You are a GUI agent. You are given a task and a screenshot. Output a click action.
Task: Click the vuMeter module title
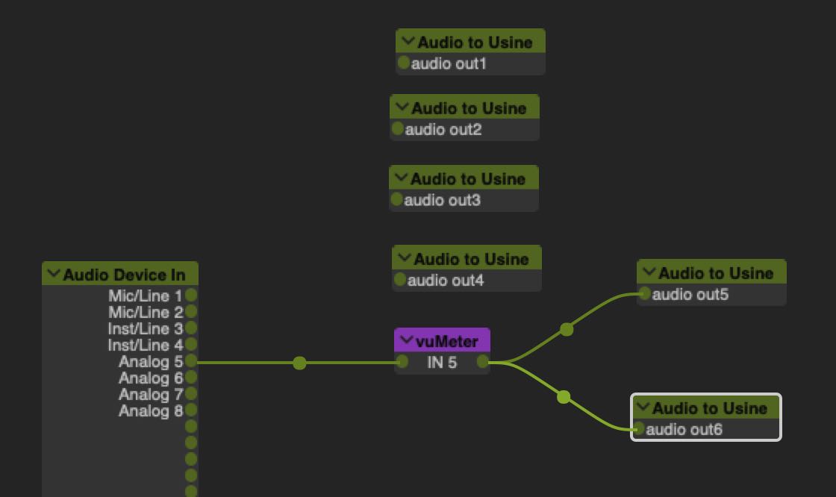click(x=446, y=342)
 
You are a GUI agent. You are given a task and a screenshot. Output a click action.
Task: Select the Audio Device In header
click(x=124, y=275)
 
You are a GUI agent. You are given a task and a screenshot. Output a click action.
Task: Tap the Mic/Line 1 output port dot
click(x=191, y=295)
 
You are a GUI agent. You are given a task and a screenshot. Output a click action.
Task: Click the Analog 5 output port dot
click(x=191, y=361)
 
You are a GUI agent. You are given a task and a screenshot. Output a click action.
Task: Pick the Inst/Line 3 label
click(x=146, y=328)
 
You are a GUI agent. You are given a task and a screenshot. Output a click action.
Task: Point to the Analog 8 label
click(x=151, y=410)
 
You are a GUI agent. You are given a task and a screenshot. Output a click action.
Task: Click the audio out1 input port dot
click(x=404, y=63)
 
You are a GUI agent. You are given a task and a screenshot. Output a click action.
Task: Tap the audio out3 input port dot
click(x=396, y=199)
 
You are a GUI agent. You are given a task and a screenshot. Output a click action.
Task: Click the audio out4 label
click(x=446, y=281)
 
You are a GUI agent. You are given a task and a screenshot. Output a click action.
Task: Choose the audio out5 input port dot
click(x=644, y=294)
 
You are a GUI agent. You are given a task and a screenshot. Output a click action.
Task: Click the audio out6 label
click(x=684, y=429)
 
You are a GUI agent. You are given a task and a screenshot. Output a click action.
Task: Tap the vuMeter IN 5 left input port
click(x=403, y=362)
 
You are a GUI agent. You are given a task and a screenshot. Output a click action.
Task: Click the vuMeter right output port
click(x=483, y=362)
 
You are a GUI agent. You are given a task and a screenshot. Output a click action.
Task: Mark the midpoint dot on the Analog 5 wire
click(x=299, y=363)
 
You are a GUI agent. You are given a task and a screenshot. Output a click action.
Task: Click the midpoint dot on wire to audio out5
click(x=567, y=329)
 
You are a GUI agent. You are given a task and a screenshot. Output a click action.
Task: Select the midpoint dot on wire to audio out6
click(x=564, y=397)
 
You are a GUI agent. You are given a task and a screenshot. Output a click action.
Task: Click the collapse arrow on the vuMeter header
click(x=407, y=341)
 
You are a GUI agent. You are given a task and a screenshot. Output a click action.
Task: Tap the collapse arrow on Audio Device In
click(x=54, y=275)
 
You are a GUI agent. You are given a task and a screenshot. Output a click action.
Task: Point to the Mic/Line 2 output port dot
click(x=191, y=311)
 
